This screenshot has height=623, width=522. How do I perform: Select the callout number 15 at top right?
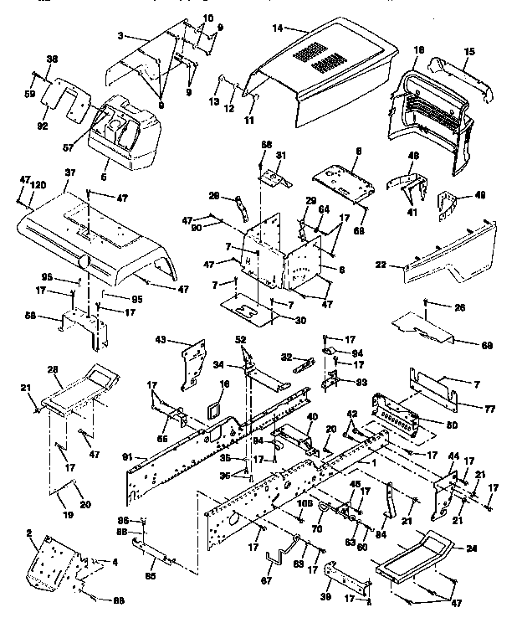point(469,52)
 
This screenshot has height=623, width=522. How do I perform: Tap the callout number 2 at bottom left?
point(28,533)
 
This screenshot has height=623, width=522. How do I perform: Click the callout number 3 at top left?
point(122,37)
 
